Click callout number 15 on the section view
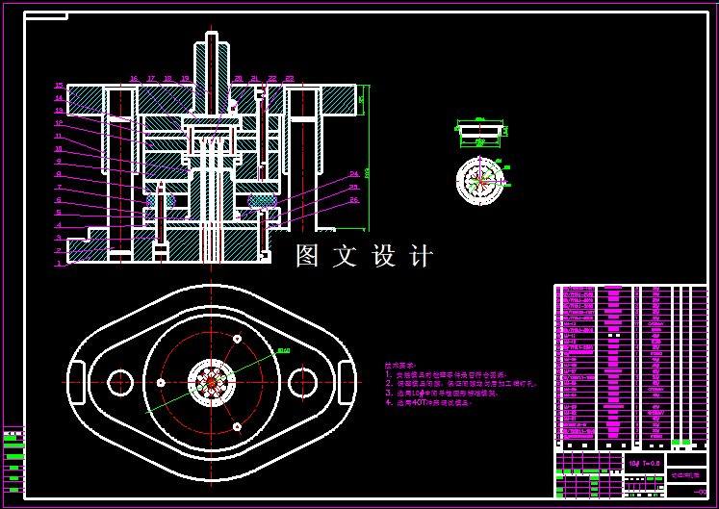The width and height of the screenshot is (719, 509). [59, 86]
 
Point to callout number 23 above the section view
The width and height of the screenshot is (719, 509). [290, 79]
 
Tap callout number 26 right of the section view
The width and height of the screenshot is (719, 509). [354, 200]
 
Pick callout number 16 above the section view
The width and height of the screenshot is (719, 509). [134, 79]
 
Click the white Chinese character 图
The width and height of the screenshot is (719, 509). [307, 256]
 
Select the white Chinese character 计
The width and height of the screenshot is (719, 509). [422, 256]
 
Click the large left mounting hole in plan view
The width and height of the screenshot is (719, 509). [120, 382]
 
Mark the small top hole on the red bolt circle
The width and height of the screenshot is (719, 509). [237, 339]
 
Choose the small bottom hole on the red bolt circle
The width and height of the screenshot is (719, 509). [236, 426]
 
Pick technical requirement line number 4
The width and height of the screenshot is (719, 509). [433, 403]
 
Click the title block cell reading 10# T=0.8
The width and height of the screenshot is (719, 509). [644, 463]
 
